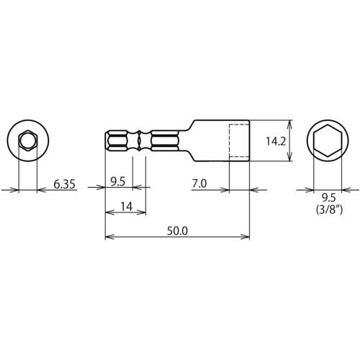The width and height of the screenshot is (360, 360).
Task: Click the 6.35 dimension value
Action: [x=65, y=184]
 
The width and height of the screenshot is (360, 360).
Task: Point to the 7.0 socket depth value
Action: [x=199, y=184]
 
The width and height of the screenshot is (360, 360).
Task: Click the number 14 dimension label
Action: [x=125, y=207]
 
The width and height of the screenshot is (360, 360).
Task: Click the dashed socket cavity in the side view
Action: [x=239, y=141]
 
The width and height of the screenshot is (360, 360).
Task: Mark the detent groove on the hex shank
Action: [x=138, y=141]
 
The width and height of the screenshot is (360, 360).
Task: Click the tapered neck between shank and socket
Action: [x=185, y=141]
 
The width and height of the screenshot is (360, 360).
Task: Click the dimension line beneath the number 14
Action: [x=125, y=214]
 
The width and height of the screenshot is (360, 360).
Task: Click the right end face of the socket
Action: [x=249, y=141]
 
